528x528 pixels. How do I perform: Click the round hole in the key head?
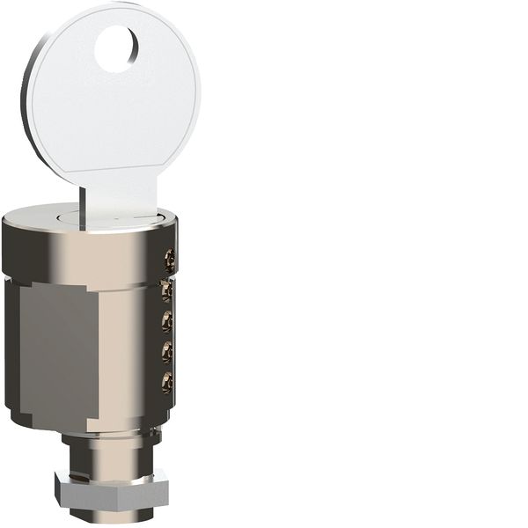116,49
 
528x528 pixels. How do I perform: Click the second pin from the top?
166,290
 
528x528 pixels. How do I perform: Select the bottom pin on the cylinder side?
166,382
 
